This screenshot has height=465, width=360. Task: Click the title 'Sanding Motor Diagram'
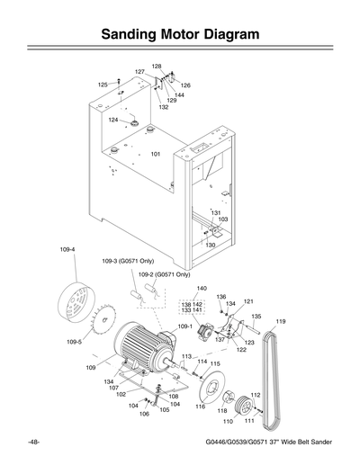[x=180, y=36]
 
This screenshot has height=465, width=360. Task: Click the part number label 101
[x=156, y=155]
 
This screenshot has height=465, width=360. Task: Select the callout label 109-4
[x=67, y=249]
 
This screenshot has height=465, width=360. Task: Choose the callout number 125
[x=103, y=84]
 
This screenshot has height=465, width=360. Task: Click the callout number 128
[x=157, y=67]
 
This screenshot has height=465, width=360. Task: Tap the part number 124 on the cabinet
[x=113, y=120]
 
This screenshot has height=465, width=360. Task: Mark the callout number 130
[x=210, y=245]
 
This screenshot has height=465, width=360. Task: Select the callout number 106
[x=143, y=414]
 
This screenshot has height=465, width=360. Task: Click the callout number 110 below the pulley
[x=228, y=420]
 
